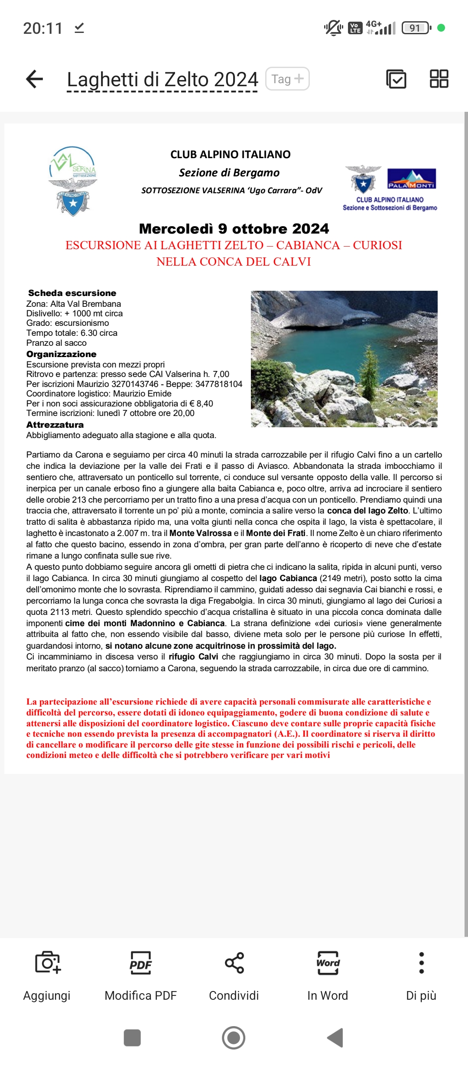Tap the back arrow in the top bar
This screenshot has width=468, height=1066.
(35, 79)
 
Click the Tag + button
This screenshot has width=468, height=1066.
(287, 79)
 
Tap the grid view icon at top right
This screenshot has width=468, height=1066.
(439, 79)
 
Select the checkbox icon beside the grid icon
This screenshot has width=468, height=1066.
(396, 79)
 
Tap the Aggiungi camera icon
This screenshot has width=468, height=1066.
(47, 963)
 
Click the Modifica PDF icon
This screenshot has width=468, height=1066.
(140, 963)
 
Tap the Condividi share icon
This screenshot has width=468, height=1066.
(234, 963)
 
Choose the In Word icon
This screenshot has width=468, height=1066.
(328, 963)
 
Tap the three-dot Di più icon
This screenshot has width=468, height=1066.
(421, 963)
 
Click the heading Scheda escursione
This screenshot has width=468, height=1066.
(72, 293)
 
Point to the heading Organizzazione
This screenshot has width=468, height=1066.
(61, 354)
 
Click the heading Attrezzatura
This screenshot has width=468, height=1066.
(55, 425)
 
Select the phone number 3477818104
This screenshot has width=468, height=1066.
(218, 384)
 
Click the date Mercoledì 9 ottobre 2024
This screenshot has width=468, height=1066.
(234, 229)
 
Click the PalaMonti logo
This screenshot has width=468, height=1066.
(411, 179)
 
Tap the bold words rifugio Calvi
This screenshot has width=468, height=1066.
(193, 656)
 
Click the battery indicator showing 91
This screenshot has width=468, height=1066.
(416, 28)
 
